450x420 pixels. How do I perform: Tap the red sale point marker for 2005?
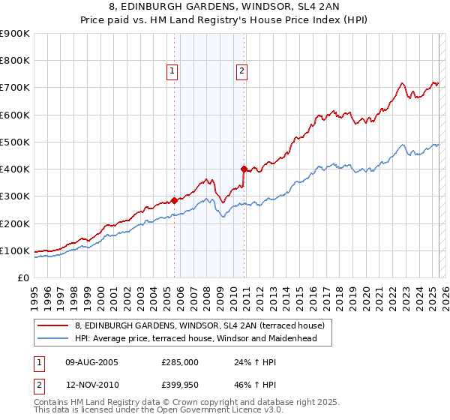click(x=175, y=200)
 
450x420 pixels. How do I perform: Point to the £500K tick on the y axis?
click(x=15, y=142)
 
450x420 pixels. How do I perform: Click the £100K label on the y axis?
click(x=15, y=250)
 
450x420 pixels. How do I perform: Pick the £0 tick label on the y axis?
click(x=22, y=277)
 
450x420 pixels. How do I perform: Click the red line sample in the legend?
click(x=52, y=326)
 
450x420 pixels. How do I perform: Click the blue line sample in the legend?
click(x=52, y=338)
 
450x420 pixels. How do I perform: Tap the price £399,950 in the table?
click(x=180, y=386)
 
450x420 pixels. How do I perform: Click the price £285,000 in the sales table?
click(x=180, y=361)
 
